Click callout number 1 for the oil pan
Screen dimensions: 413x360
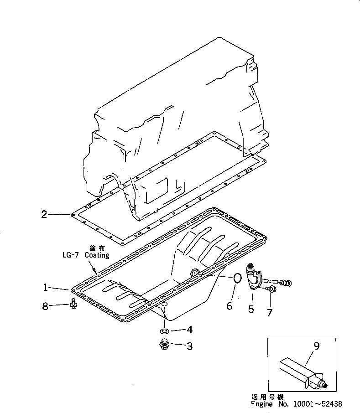pos(46,287)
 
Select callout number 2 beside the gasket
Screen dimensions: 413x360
pos(44,214)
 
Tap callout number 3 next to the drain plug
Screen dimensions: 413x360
pos(189,346)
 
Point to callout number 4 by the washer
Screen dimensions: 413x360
pos(189,330)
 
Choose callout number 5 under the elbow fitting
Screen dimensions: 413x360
pos(251,310)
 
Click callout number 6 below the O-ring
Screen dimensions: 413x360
pos(230,306)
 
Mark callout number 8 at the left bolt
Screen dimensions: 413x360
pos(46,307)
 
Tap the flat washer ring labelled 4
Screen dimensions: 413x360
pos(165,330)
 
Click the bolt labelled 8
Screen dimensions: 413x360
pos(73,304)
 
